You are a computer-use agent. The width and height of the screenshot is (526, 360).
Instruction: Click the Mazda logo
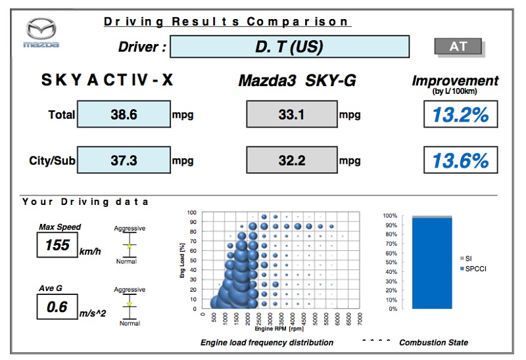(41, 32)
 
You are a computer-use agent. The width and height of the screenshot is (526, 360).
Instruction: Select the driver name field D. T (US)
(290, 47)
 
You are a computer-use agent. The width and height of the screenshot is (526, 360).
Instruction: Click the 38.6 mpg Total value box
(124, 114)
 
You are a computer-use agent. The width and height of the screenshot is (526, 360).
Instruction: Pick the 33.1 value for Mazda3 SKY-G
(291, 114)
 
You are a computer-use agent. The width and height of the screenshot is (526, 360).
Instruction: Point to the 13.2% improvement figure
(460, 115)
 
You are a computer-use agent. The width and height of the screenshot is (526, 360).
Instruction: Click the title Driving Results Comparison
(226, 22)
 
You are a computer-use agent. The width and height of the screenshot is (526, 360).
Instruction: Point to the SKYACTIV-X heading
(109, 81)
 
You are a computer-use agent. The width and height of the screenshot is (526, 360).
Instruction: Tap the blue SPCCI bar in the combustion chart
(431, 263)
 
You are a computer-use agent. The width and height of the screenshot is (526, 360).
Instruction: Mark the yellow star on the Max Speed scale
(130, 246)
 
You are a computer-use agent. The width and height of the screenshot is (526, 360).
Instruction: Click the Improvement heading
(455, 81)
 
